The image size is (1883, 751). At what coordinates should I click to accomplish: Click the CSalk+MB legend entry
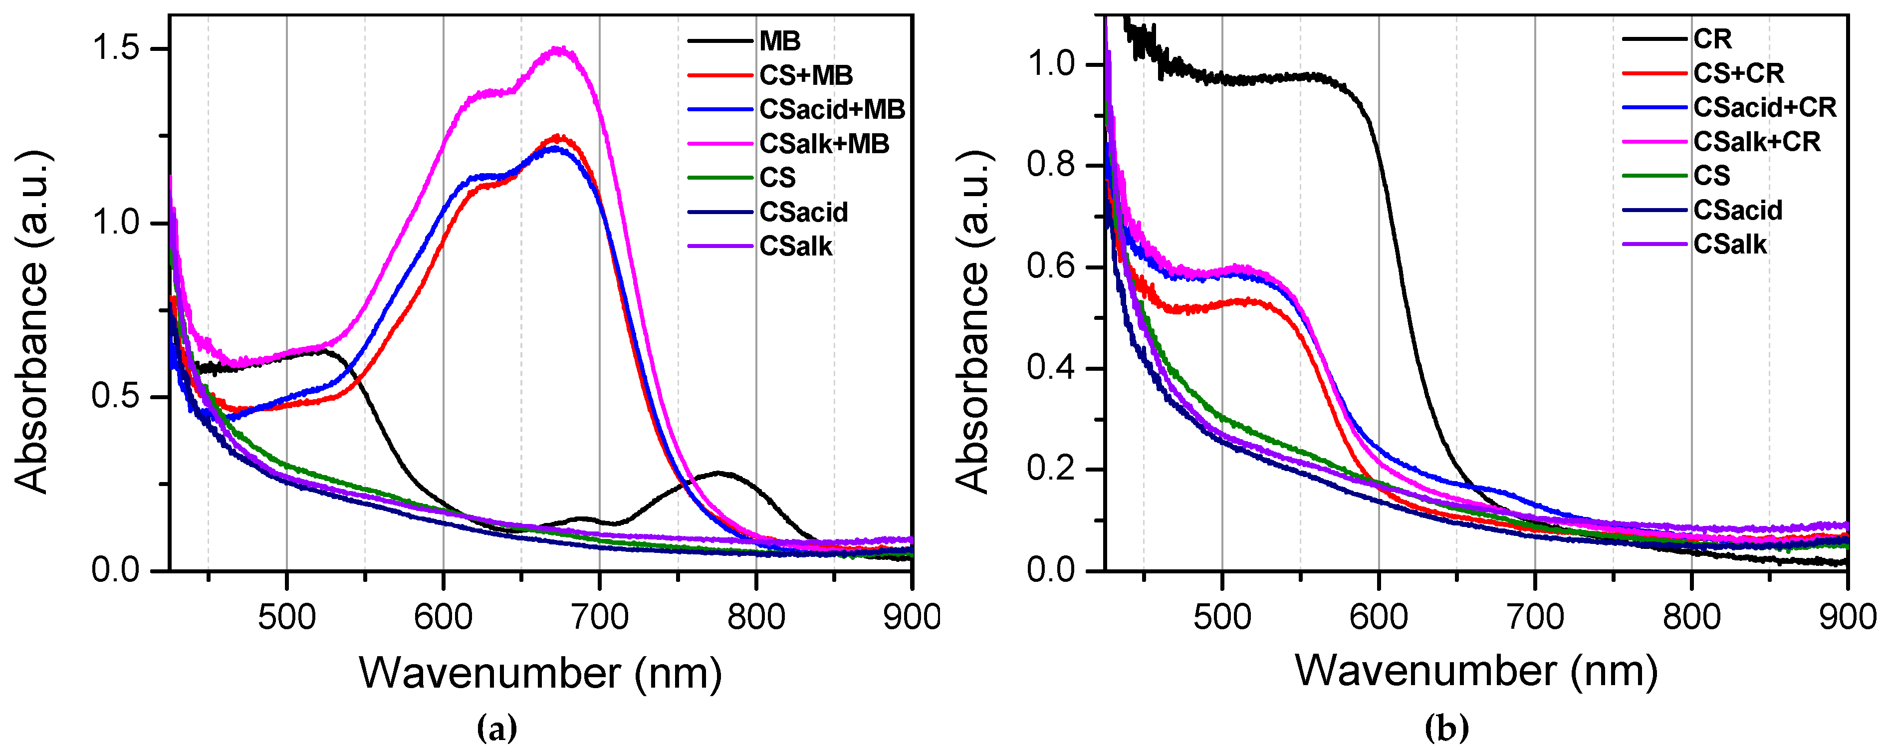(824, 144)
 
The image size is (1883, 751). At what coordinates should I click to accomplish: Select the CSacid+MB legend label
(832, 110)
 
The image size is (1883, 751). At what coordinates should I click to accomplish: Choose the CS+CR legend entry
(1738, 73)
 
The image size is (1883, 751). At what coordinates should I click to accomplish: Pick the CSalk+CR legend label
(1757, 142)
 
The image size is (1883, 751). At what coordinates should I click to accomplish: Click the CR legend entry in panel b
(1712, 39)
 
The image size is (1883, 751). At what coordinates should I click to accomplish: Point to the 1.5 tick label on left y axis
(115, 49)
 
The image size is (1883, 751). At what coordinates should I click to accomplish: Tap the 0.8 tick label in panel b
(1051, 165)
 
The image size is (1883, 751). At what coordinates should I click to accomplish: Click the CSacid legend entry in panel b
(1737, 211)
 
